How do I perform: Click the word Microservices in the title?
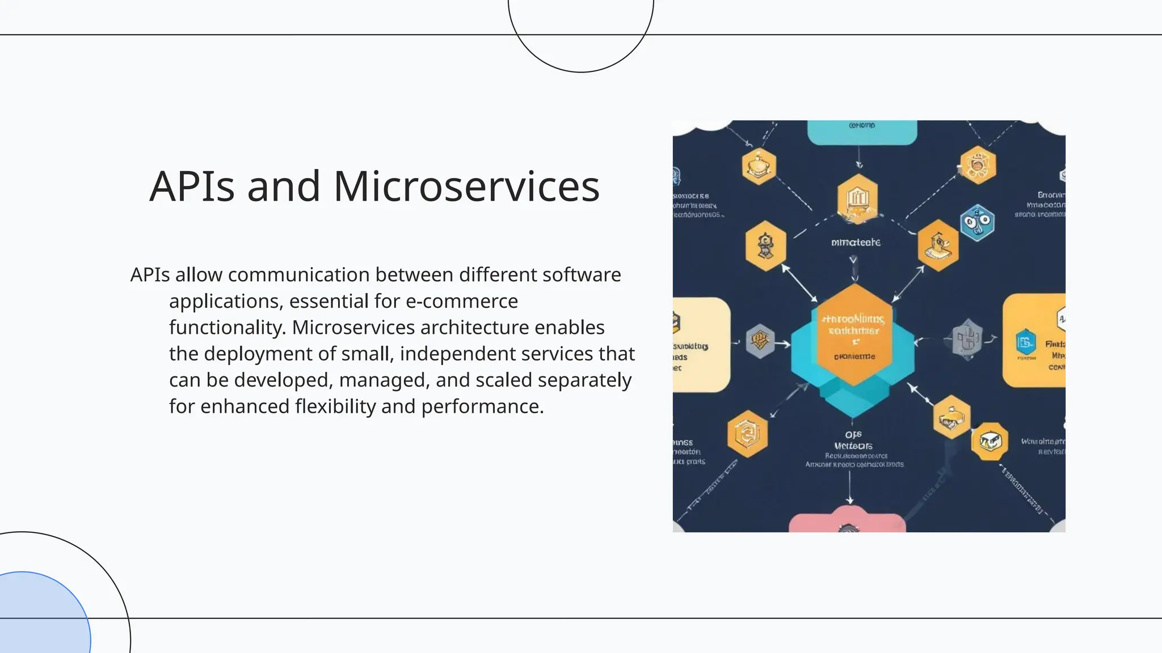pyautogui.click(x=466, y=186)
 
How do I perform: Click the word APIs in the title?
pyautogui.click(x=192, y=186)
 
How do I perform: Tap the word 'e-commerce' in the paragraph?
pyautogui.click(x=461, y=301)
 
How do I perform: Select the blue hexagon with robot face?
pyautogui.click(x=977, y=223)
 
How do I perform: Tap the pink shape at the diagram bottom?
pyautogui.click(x=847, y=522)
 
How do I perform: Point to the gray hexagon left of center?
pyautogui.click(x=760, y=341)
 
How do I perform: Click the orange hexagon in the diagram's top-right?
pyautogui.click(x=978, y=165)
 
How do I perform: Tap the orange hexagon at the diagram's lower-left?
pyautogui.click(x=747, y=434)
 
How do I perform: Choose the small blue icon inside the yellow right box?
pyautogui.click(x=1025, y=342)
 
